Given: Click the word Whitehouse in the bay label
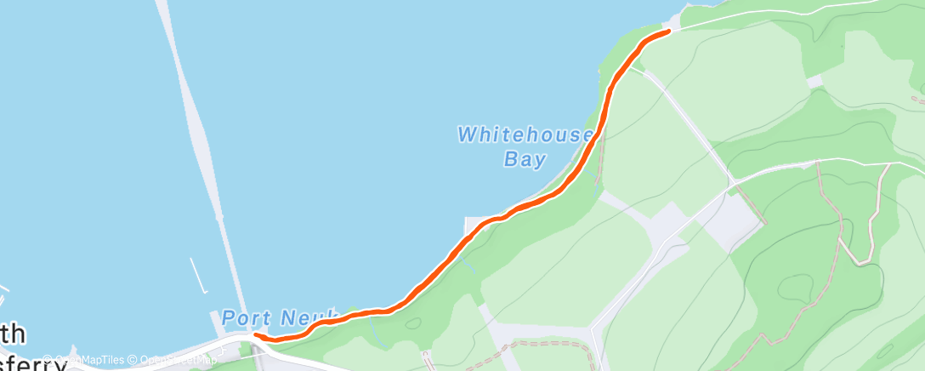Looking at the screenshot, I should [524, 134].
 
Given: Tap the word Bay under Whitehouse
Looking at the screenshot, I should [525, 159].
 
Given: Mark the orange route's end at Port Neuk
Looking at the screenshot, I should [256, 337].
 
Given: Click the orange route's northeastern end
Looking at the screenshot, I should [668, 31].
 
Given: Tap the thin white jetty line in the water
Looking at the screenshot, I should [199, 275].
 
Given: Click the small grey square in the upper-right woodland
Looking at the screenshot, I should [815, 82].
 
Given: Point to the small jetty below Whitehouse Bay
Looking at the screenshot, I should [468, 225].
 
